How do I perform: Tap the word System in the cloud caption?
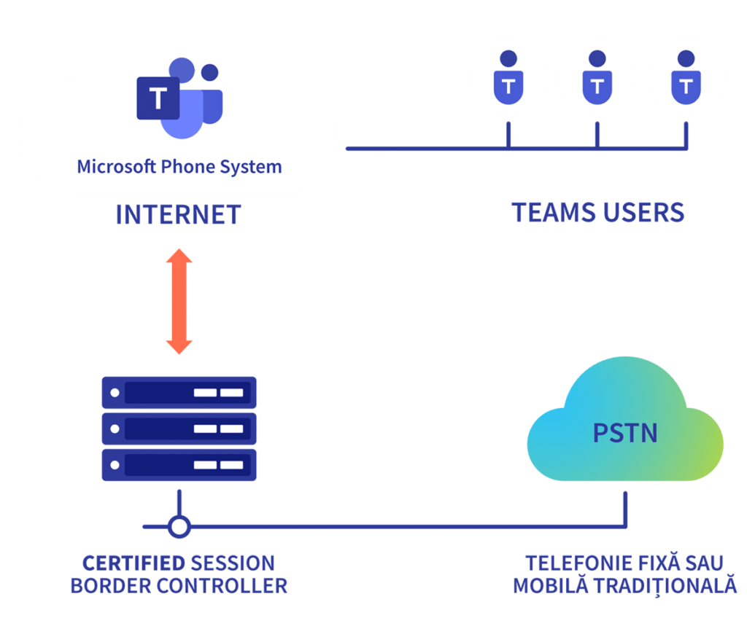pyautogui.click(x=252, y=166)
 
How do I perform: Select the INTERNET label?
pyautogui.click(x=178, y=214)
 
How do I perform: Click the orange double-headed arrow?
pyautogui.click(x=179, y=302)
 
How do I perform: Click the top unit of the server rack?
pyautogui.click(x=179, y=393)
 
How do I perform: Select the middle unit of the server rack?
pyautogui.click(x=179, y=429)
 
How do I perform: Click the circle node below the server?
pyautogui.click(x=179, y=525)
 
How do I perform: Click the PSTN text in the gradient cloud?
pyautogui.click(x=625, y=433)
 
